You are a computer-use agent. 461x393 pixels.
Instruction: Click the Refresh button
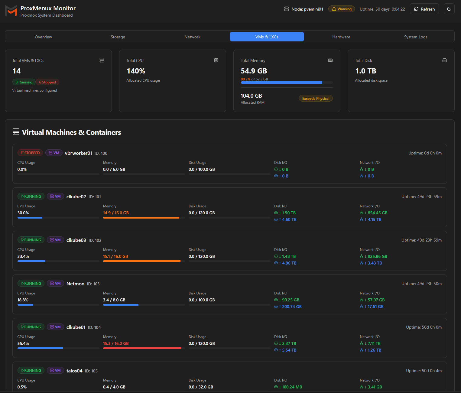pos(424,9)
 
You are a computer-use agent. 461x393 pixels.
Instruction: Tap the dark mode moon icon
pos(449,9)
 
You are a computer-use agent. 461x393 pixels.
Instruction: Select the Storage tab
pos(118,37)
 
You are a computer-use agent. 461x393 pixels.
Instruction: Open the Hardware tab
pos(341,37)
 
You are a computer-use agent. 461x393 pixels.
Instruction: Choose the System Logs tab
pos(416,37)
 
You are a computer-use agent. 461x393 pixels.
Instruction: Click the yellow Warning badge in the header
pos(342,9)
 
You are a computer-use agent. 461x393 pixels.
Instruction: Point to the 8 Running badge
pos(24,82)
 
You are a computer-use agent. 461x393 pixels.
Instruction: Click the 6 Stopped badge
pos(47,82)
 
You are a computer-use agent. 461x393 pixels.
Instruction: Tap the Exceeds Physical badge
pos(316,99)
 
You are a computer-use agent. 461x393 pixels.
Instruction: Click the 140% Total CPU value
pos(136,71)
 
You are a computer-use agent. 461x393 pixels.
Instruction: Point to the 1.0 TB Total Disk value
pos(365,71)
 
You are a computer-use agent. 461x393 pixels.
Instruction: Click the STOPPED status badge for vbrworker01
pos(30,153)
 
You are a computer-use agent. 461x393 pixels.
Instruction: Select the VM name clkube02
pos(76,197)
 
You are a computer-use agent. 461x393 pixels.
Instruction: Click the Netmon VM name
pos(75,284)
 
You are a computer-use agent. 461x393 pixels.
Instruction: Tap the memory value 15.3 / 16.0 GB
pos(116,344)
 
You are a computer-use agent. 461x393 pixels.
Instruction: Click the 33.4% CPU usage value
pos(23,257)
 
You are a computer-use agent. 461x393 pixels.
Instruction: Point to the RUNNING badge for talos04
pos(31,371)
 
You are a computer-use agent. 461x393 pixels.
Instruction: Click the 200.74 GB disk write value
pos(292,307)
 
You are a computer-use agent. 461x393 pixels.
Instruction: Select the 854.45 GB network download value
pos(377,213)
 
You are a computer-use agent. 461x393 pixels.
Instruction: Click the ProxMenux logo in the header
pos(11,11)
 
